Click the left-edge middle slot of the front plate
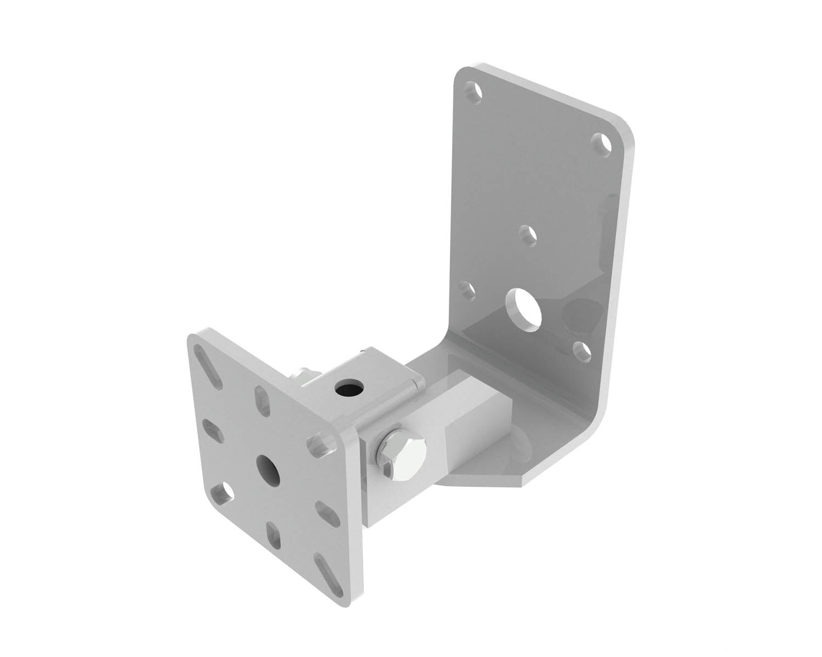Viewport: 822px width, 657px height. point(213,428)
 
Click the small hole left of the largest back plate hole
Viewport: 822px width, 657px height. point(467,290)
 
